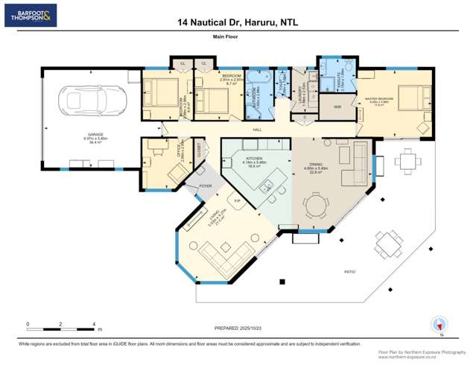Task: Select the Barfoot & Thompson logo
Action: click(x=30, y=14)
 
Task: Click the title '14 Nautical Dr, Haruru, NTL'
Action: click(x=238, y=23)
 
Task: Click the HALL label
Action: click(x=257, y=130)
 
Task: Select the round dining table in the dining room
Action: click(x=318, y=203)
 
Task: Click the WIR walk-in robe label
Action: click(x=337, y=107)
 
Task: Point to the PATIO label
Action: click(x=350, y=273)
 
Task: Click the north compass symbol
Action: click(x=439, y=325)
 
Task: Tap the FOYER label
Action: click(x=205, y=186)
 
